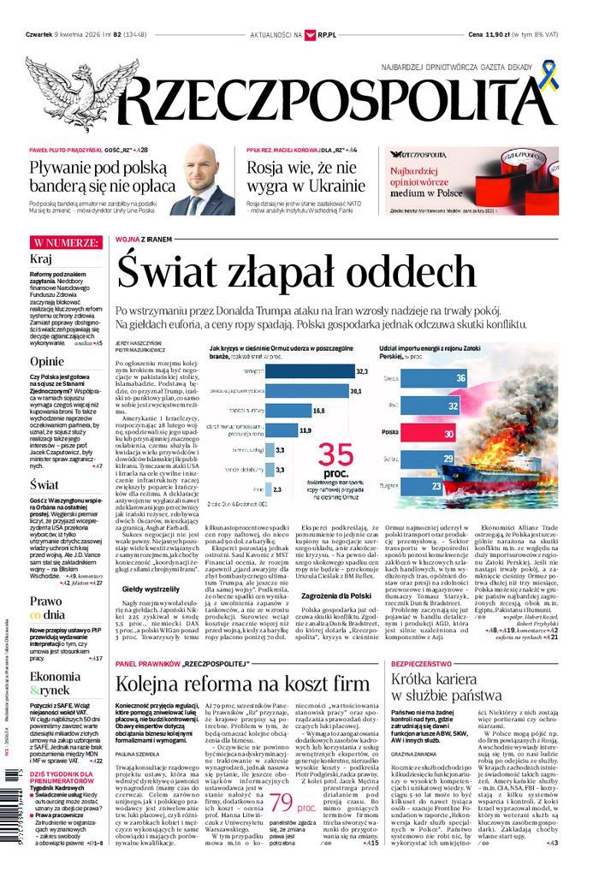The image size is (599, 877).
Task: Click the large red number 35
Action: click(335, 454)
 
